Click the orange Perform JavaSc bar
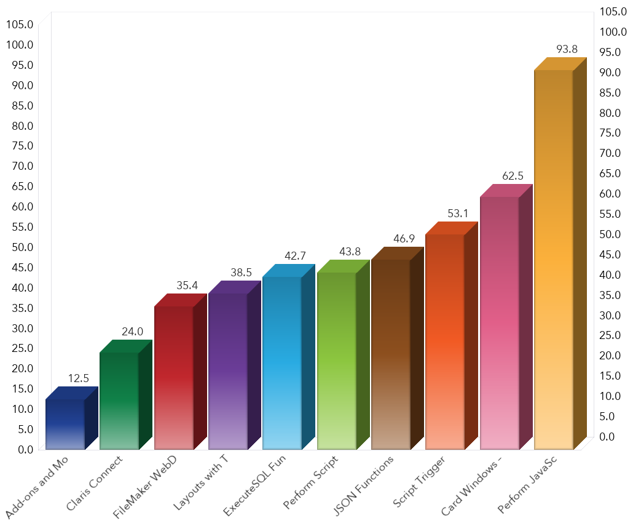tap(554, 258)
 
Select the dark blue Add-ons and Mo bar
tap(65, 425)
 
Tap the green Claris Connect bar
tap(119, 400)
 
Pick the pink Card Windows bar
tap(499, 323)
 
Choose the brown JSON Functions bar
tap(391, 354)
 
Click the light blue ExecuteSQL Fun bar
tap(281, 363)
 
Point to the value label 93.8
tap(566, 49)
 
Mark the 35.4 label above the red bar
tap(187, 285)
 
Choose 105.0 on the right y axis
tap(612, 12)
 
